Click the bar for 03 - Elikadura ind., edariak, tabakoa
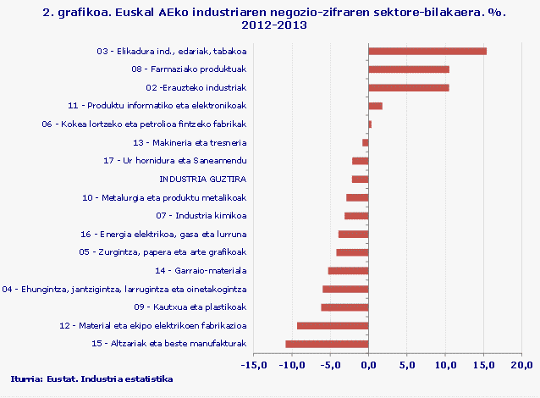[x=427, y=51]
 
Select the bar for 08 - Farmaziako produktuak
[x=409, y=69]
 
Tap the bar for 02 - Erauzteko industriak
[x=409, y=87]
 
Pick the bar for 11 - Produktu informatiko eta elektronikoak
[x=376, y=106]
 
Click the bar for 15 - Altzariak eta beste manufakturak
[x=327, y=344]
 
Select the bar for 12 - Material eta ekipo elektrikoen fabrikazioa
[x=333, y=325]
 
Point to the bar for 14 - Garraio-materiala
[x=348, y=271]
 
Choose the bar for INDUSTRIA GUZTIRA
[x=360, y=179]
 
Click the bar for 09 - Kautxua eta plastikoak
[x=344, y=307]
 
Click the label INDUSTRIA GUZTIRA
[x=202, y=179]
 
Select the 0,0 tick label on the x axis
[x=369, y=365]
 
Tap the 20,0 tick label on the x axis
[x=520, y=365]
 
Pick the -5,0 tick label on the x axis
[x=330, y=365]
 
